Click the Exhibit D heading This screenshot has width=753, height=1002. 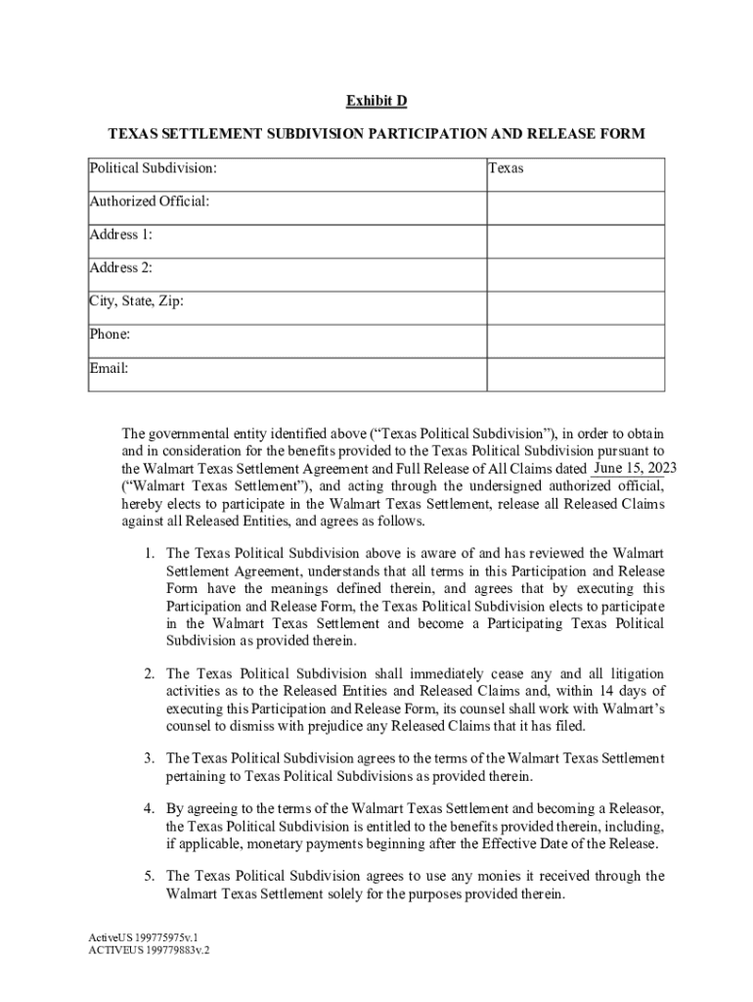pyautogui.click(x=376, y=102)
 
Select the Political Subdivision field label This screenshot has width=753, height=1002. pyautogui.click(x=153, y=168)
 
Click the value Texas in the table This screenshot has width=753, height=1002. pyautogui.click(x=506, y=168)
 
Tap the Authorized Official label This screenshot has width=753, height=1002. pyautogui.click(x=150, y=202)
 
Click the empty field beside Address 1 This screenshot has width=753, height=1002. pyautogui.click(x=576, y=241)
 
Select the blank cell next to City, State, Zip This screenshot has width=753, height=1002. pyautogui.click(x=576, y=307)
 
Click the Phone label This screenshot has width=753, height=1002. pyautogui.click(x=111, y=335)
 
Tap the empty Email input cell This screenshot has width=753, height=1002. pyautogui.click(x=576, y=374)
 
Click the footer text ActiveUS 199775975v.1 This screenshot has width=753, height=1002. pyautogui.click(x=136, y=936)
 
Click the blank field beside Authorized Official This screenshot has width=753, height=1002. pyautogui.click(x=576, y=207)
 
